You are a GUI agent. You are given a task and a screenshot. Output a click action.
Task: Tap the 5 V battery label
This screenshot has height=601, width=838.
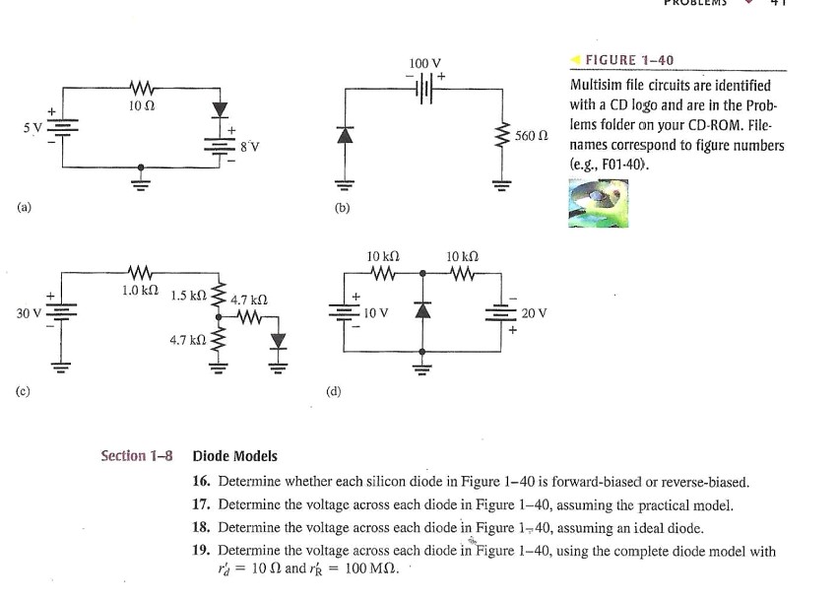(x=33, y=127)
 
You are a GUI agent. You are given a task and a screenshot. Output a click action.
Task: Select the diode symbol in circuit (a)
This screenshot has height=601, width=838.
(x=220, y=107)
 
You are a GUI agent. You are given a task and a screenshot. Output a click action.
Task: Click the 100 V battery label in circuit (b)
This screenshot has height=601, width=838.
(x=424, y=64)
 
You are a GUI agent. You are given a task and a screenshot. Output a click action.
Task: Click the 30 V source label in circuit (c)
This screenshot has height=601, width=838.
(x=29, y=313)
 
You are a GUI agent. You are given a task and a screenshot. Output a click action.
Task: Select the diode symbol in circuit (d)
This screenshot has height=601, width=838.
(x=422, y=311)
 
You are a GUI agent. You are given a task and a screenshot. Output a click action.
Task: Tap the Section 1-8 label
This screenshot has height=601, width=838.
(x=136, y=456)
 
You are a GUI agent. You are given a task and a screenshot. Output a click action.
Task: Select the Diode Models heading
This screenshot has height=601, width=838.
(x=234, y=456)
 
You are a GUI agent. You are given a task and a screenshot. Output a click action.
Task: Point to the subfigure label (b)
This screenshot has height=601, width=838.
(x=343, y=208)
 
